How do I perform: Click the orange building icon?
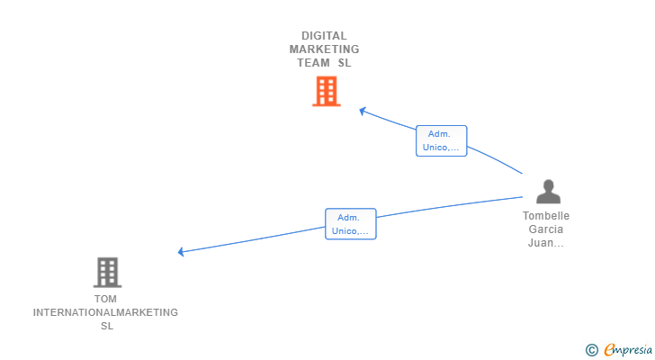pyautogui.click(x=327, y=91)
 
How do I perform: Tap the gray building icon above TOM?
pyautogui.click(x=107, y=272)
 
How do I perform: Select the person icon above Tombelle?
pyautogui.click(x=548, y=192)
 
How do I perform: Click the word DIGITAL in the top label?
pyautogui.click(x=324, y=36)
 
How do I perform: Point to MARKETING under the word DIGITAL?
pyautogui.click(x=324, y=49)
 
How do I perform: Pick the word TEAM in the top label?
pyautogui.click(x=314, y=63)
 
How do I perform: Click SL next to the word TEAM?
pyautogui.click(x=345, y=63)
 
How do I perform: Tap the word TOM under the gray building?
pyautogui.click(x=105, y=299)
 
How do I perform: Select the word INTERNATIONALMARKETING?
pyautogui.click(x=105, y=312)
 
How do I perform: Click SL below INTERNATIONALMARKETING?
pyautogui.click(x=106, y=326)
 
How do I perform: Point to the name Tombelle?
pyautogui.click(x=546, y=216)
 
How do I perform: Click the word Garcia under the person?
pyautogui.click(x=546, y=229)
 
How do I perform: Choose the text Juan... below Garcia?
pyautogui.click(x=546, y=243)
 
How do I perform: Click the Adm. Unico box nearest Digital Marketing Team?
pyautogui.click(x=441, y=140)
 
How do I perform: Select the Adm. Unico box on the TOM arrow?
pyautogui.click(x=350, y=224)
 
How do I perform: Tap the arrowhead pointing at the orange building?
pyautogui.click(x=362, y=111)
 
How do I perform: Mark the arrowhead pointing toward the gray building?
pyautogui.click(x=182, y=252)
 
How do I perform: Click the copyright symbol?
pyautogui.click(x=591, y=349)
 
